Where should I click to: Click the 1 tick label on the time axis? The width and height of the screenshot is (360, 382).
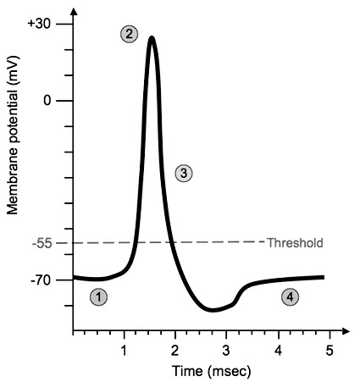click(x=125, y=350)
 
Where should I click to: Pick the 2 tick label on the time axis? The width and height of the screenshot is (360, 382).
click(x=175, y=350)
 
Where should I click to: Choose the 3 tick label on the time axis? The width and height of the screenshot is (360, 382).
click(x=226, y=350)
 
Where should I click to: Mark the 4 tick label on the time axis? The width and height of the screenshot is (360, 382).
click(x=278, y=350)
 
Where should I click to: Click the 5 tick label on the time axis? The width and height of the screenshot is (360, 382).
click(x=330, y=350)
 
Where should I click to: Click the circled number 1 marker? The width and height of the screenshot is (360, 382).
click(x=99, y=297)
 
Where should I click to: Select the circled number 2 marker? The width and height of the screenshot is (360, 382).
click(x=129, y=34)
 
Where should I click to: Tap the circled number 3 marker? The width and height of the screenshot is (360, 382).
click(x=184, y=173)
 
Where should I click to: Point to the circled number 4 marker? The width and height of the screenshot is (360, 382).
click(x=291, y=297)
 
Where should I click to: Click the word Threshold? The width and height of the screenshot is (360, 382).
click(x=295, y=243)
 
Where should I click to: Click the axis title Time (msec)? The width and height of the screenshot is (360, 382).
click(x=200, y=370)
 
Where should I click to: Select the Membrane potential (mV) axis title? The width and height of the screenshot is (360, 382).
click(x=14, y=152)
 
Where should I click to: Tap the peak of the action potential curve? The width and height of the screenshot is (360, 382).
click(x=151, y=37)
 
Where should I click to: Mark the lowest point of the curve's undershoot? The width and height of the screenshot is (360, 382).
click(x=213, y=311)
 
